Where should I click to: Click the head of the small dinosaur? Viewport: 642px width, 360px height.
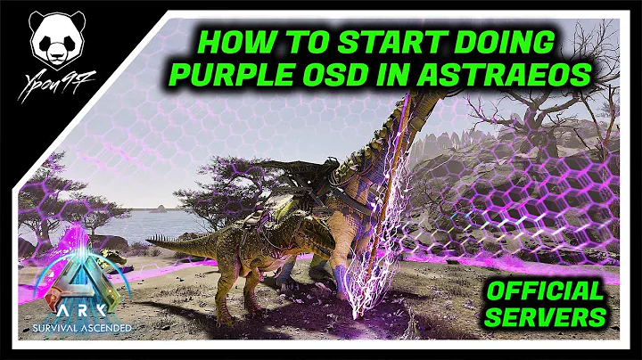pyautogui.click(x=322, y=235)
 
